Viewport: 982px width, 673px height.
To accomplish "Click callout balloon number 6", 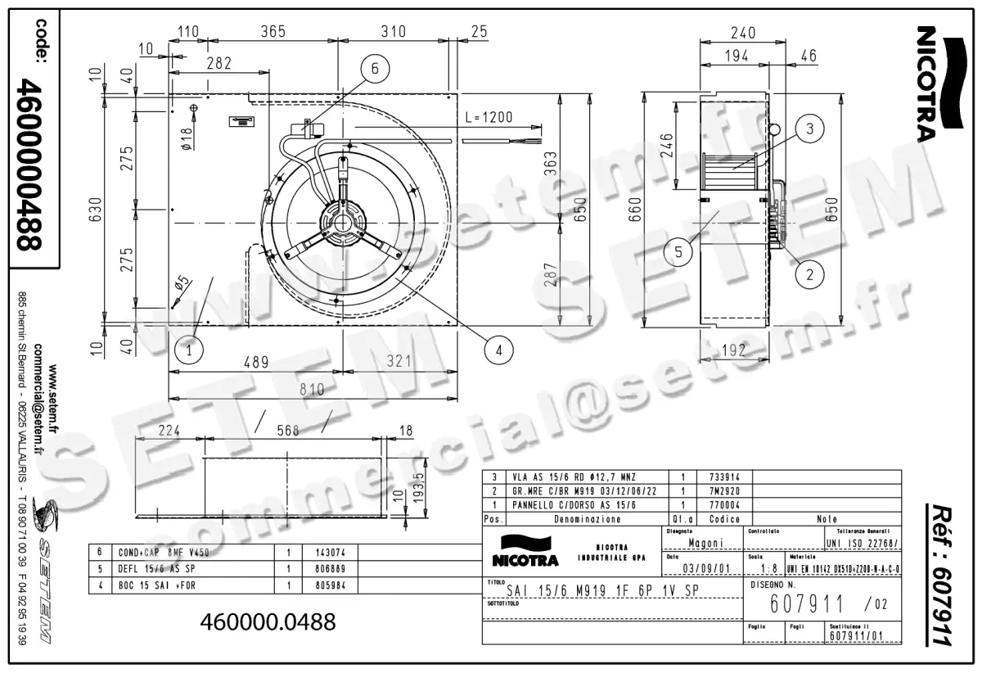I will pos(374,70).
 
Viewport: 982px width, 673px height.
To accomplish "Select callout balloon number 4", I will pos(499,350).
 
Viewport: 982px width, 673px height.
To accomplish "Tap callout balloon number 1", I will pos(189,351).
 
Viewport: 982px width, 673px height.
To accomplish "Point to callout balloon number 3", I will pos(809,129).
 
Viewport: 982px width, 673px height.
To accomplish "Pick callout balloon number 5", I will pos(679,253).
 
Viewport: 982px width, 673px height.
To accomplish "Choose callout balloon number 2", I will pos(809,275).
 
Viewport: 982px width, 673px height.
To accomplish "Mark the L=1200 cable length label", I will pos(488,117).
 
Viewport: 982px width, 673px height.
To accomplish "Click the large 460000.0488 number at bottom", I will pos(268,622).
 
